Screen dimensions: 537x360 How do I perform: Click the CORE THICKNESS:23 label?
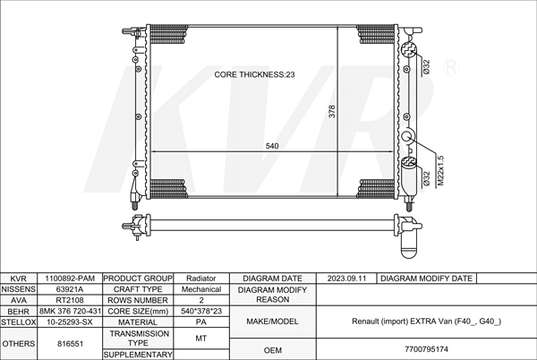(254, 74)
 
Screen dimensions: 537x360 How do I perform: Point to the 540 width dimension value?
(272, 146)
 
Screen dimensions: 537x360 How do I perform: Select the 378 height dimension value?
(332, 111)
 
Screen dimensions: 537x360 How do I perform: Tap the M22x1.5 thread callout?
(440, 171)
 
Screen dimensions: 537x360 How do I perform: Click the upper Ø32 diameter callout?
(426, 67)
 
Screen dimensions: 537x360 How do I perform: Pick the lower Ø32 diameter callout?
(426, 178)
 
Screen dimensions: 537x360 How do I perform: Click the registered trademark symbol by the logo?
(451, 67)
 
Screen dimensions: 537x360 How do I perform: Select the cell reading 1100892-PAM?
(70, 279)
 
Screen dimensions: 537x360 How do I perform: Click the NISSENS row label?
(18, 289)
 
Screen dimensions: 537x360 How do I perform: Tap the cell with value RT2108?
(70, 300)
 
